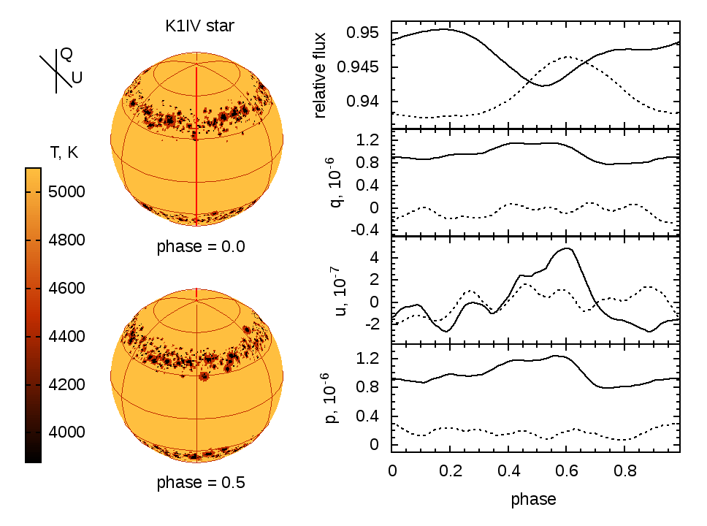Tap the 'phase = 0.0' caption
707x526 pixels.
[x=200, y=246]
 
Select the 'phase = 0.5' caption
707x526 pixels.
[x=200, y=483]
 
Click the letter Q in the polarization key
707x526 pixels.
[x=66, y=53]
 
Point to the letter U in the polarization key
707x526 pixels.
[x=77, y=75]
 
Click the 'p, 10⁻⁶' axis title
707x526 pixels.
[x=332, y=398]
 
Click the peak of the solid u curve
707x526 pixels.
[x=567, y=248]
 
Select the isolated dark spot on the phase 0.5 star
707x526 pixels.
[x=204, y=376]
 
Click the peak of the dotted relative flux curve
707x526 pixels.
[x=566, y=56]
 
